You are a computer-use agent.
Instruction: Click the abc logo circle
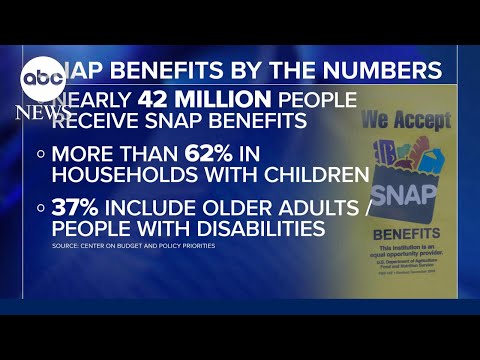[40, 76]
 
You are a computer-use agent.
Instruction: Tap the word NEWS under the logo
[40, 110]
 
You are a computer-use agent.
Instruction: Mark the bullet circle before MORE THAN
[42, 155]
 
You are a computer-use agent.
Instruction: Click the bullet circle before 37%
[42, 209]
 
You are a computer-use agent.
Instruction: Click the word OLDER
[206, 208]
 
